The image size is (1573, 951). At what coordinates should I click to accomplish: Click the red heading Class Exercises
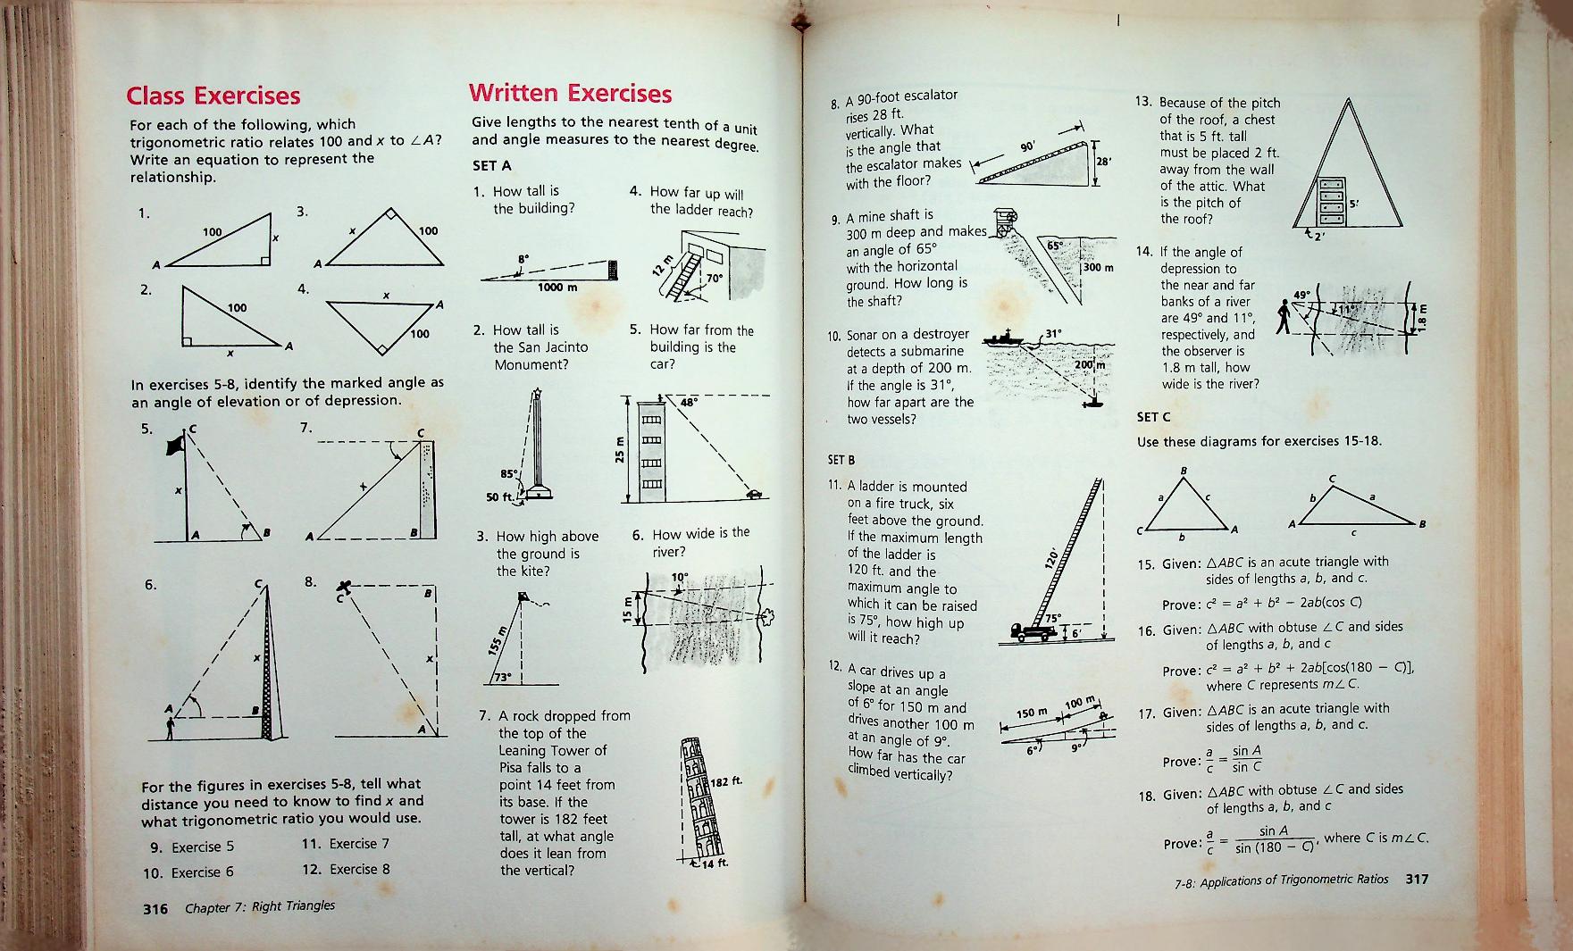pyautogui.click(x=213, y=96)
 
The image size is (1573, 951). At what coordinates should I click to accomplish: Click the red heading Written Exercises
pyautogui.click(x=570, y=94)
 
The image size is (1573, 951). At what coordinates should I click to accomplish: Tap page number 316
pyautogui.click(x=155, y=909)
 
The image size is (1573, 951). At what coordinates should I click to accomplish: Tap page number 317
pyautogui.click(x=1418, y=879)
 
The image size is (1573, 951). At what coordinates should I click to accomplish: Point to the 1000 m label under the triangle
pyautogui.click(x=557, y=288)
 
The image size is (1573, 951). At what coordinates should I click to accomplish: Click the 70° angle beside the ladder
pyautogui.click(x=714, y=278)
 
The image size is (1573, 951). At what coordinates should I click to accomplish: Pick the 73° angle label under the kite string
pyautogui.click(x=503, y=676)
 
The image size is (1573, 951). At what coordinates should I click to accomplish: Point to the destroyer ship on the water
pyautogui.click(x=1006, y=338)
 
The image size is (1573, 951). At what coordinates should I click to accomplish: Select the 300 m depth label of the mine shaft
pyautogui.click(x=1098, y=268)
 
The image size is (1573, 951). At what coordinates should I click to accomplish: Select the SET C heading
pyautogui.click(x=1153, y=417)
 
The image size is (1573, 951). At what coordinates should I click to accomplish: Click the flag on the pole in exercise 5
pyautogui.click(x=175, y=445)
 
